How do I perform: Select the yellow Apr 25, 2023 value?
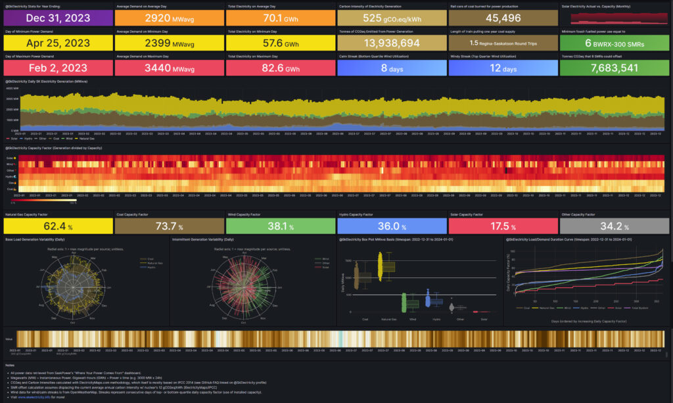[x=58, y=43]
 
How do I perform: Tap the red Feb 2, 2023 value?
[x=58, y=68]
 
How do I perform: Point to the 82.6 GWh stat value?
[x=279, y=68]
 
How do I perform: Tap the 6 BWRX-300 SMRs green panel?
[x=615, y=43]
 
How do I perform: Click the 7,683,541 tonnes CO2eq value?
[x=615, y=68]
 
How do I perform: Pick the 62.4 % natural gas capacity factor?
[x=58, y=226]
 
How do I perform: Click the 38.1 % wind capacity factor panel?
[x=281, y=226]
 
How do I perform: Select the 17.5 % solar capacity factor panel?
[x=503, y=226]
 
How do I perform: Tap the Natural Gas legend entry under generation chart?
[x=87, y=139]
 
